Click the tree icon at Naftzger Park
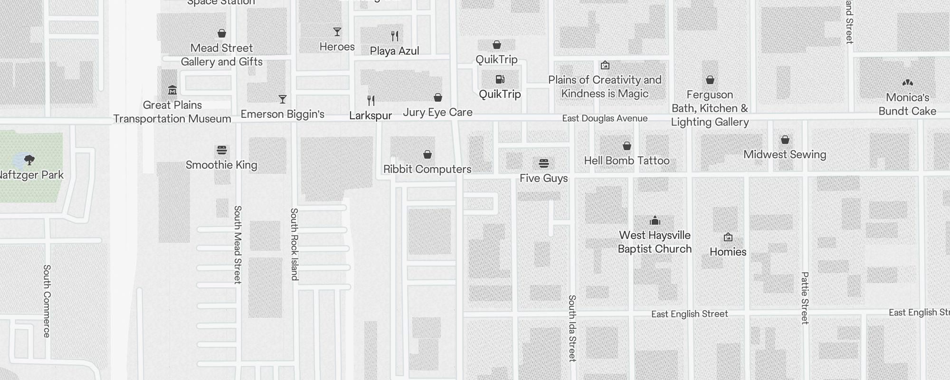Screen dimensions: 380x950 pos(29,160)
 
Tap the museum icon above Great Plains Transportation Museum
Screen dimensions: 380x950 pos(172,90)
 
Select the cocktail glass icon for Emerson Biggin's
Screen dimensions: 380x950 pos(283,99)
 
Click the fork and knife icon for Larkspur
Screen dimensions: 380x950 pos(371,101)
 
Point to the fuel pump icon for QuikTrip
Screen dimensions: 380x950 pos(500,79)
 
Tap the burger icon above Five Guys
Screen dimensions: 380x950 pos(544,163)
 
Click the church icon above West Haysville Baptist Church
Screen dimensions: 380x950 pos(655,220)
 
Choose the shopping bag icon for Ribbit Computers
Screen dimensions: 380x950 pos(427,154)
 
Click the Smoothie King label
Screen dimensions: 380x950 pos(221,165)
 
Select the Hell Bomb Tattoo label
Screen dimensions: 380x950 pos(627,161)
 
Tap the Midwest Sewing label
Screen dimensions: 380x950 pos(785,154)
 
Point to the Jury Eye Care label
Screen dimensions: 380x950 pos(437,113)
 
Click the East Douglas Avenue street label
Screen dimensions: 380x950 pos(605,118)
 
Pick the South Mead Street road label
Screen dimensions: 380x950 pos(238,245)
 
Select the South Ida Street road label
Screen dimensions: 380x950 pos(572,328)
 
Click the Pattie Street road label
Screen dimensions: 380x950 pos(805,298)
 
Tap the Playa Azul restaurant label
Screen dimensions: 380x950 pos(394,51)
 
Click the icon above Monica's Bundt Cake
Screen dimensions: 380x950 pos(907,83)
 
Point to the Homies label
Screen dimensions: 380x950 pos(728,252)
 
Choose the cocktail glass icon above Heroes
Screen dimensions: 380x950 pos(337,32)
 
